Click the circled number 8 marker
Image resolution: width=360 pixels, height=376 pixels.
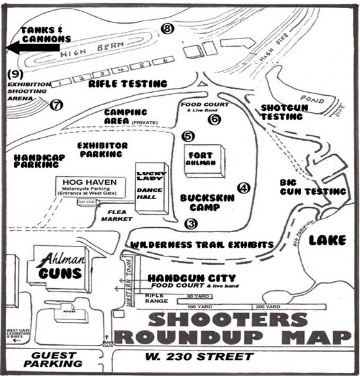point(166,28)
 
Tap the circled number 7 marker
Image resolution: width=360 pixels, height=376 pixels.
point(57,105)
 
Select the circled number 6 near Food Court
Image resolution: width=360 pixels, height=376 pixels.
point(215,120)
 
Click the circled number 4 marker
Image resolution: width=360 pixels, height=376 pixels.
point(243,187)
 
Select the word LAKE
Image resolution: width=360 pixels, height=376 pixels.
point(327,240)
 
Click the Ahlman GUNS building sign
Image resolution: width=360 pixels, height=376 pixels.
point(58,266)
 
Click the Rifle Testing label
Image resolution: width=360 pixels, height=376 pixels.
point(128,83)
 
